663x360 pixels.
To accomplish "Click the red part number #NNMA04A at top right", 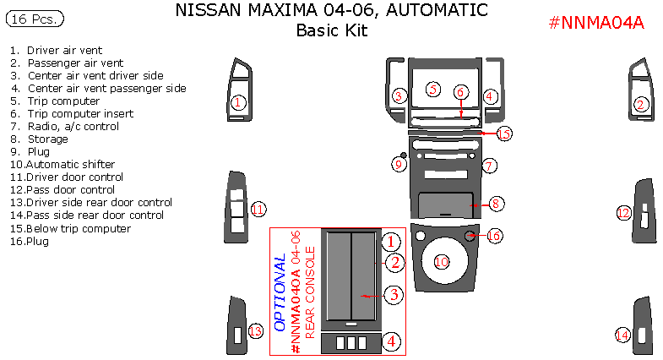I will point(596,23).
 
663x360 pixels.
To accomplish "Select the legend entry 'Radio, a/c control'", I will point(73,127).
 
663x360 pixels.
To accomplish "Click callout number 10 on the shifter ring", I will point(441,262).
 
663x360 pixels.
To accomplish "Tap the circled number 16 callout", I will point(494,236).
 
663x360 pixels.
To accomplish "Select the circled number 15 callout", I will point(504,134).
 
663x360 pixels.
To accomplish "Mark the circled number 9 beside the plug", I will point(399,164).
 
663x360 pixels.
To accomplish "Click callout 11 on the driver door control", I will point(258,209).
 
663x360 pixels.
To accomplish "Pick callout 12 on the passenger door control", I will point(623,213).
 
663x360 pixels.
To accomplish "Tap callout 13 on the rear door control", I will point(255,331).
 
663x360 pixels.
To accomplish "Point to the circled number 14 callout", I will point(622,335).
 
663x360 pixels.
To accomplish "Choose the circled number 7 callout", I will point(489,166).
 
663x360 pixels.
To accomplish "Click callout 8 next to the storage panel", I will point(497,204).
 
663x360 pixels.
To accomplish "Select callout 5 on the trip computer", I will point(432,89).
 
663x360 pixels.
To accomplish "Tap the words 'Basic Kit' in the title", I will point(332,31).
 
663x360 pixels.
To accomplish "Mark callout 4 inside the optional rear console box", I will point(391,341).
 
